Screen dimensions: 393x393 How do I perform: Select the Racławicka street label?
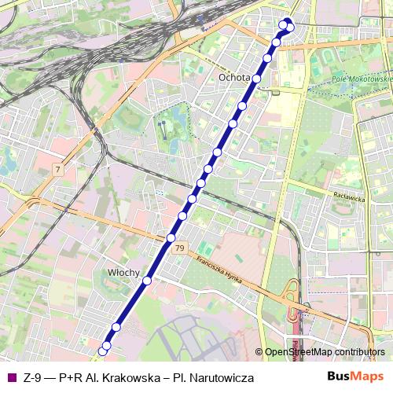(349, 199)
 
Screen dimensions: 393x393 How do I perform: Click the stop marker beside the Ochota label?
(256, 79)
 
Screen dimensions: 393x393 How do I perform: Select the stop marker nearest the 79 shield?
(171, 237)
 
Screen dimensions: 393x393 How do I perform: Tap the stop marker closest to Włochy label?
(146, 281)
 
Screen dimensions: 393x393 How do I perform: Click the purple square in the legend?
(11, 377)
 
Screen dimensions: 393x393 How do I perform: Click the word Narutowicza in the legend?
(220, 378)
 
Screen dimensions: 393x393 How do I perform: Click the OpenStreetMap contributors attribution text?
(325, 352)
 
